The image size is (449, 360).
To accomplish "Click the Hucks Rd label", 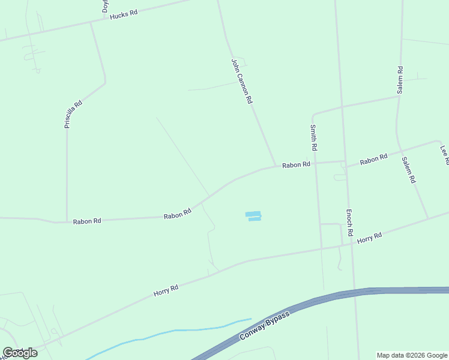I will coord(124,14).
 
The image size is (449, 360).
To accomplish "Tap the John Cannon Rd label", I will coord(241,81).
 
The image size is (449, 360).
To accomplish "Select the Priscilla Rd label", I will coord(73,114).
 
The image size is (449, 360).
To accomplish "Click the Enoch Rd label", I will coord(349,221).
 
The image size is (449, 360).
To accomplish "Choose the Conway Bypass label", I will coord(264,326).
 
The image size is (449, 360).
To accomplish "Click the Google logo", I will coord(20,352).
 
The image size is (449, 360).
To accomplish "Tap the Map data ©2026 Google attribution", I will coord(412,355).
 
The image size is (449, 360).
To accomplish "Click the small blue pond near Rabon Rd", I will coord(253,216).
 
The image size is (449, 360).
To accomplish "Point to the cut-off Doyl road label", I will coord(105,6).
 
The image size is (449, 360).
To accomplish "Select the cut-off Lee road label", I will coord(444,155).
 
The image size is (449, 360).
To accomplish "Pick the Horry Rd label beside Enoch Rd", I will coord(369,238).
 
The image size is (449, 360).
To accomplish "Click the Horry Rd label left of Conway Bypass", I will coord(166,290).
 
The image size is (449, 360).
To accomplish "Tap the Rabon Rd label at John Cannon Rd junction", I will coord(296,164).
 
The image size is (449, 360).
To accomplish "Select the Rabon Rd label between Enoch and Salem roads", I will coord(373,160).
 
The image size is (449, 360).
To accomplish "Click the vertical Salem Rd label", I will coord(400,79).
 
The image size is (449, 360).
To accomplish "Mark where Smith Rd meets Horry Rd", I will coord(321,248).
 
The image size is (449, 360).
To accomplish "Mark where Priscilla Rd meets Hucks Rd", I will coord(91,23).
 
